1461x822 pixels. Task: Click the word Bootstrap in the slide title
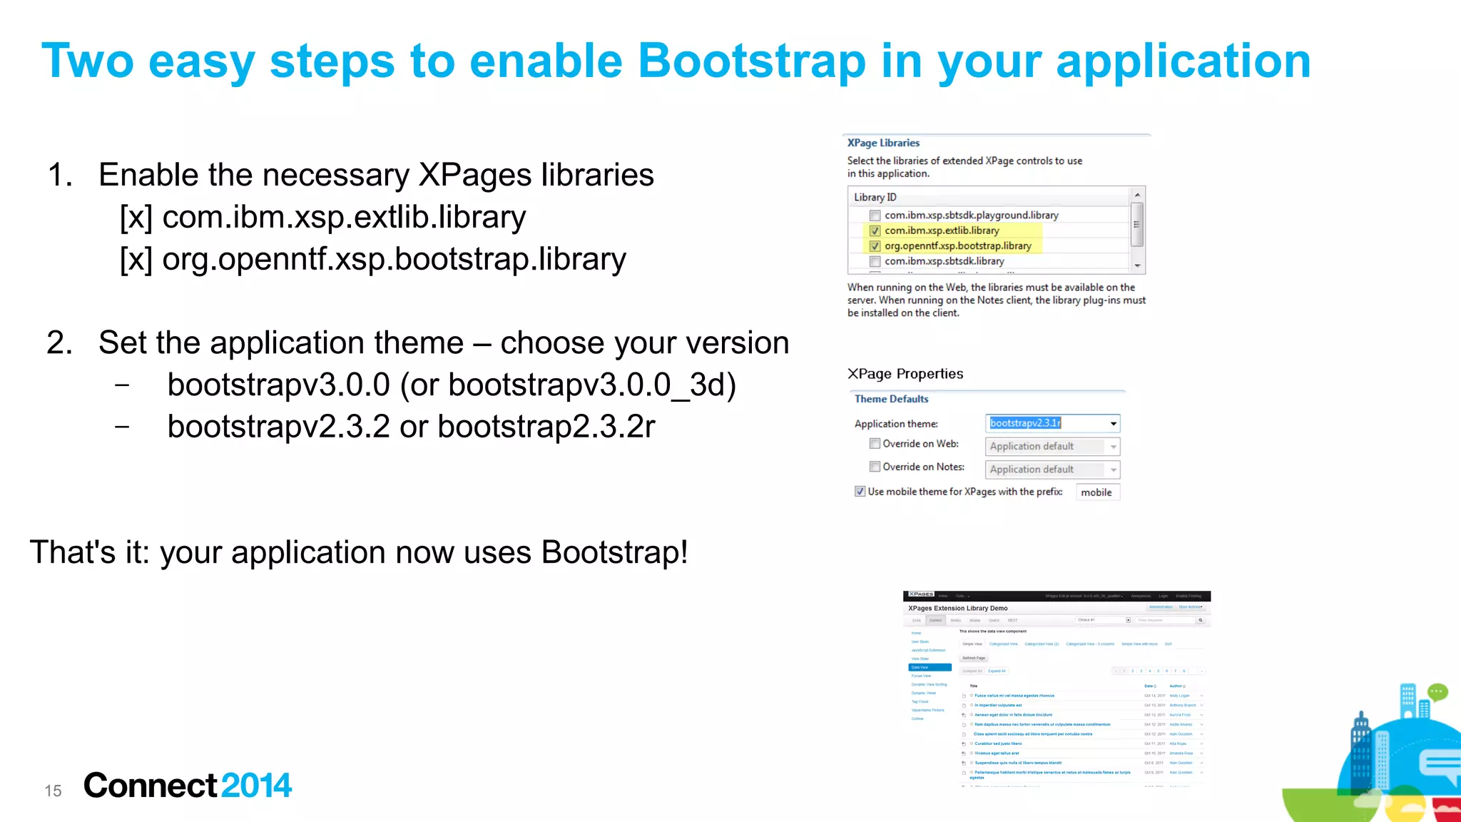tap(751, 61)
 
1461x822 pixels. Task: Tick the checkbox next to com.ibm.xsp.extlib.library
tap(875, 231)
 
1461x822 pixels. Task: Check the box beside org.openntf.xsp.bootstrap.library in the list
tap(875, 246)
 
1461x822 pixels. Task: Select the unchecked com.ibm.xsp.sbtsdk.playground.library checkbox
tap(875, 215)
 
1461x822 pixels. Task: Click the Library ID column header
tap(875, 197)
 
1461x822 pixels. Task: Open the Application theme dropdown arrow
tap(1113, 424)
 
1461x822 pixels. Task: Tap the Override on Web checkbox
tap(875, 444)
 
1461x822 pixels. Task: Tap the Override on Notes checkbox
tap(875, 467)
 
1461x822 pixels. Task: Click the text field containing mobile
tap(1097, 492)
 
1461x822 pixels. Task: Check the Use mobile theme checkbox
tap(860, 492)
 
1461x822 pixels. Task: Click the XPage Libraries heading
tap(883, 143)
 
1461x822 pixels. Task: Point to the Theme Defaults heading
tap(891, 399)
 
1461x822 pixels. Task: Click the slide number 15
tap(53, 791)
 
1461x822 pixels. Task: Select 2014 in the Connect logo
tap(256, 786)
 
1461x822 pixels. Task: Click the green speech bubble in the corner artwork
tap(1437, 691)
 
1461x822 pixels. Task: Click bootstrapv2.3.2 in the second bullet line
tap(279, 427)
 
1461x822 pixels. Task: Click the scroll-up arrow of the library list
tap(1138, 195)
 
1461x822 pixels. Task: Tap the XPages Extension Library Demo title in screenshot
tap(957, 609)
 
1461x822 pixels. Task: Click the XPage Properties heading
tap(905, 374)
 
